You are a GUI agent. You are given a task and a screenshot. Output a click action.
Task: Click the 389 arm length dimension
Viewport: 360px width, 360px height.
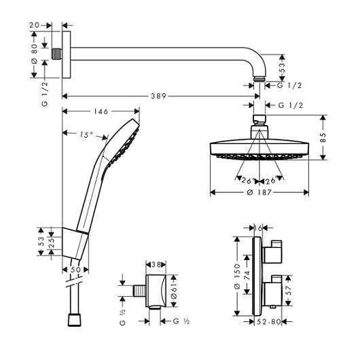pyautogui.click(x=159, y=96)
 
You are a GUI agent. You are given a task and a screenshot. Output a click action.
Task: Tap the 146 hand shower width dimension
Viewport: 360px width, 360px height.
pyautogui.click(x=101, y=111)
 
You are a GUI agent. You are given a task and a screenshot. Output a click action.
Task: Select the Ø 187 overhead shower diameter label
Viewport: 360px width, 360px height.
pyautogui.click(x=259, y=192)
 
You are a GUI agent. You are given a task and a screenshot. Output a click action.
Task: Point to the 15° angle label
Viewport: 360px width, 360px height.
pyautogui.click(x=86, y=134)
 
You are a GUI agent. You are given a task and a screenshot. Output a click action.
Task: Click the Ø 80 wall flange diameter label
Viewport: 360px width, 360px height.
pyautogui.click(x=34, y=54)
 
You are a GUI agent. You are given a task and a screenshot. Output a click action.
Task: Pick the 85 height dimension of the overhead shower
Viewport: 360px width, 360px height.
pyautogui.click(x=323, y=137)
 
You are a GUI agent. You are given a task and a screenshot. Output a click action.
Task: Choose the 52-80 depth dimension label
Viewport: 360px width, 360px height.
pyautogui.click(x=269, y=322)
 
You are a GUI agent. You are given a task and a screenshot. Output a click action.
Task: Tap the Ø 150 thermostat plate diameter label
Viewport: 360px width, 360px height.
pyautogui.click(x=237, y=276)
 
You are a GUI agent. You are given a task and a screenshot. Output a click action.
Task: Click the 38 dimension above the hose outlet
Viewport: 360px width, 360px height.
pyautogui.click(x=156, y=265)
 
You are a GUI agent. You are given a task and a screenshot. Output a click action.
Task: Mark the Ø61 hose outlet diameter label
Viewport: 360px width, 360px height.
pyautogui.click(x=174, y=291)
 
